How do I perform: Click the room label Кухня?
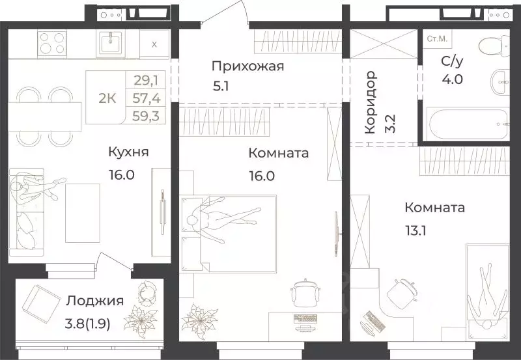pos(129,152)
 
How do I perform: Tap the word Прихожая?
pos(247,66)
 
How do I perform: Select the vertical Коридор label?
pos(370,102)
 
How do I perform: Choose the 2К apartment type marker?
pos(107,98)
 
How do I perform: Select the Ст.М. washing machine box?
pos(436,39)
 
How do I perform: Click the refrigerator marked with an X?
pos(154,44)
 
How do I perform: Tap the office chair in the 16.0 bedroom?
pos(303,292)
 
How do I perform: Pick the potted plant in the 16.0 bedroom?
pos(197,320)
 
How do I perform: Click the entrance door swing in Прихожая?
pos(234,14)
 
